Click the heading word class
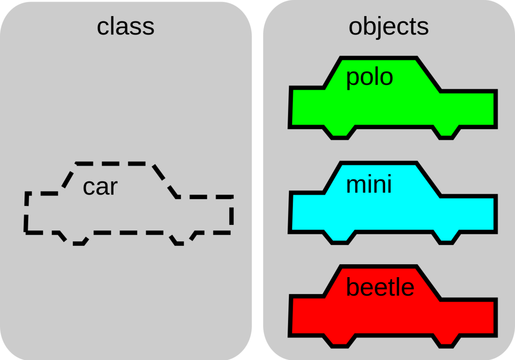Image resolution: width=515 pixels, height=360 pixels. [125, 27]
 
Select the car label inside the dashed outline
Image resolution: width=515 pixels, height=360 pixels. [100, 187]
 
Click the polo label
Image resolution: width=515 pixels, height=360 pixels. [370, 78]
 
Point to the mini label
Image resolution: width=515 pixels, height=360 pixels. [369, 185]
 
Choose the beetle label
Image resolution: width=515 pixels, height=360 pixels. [380, 287]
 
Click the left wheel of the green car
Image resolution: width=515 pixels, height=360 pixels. [339, 133]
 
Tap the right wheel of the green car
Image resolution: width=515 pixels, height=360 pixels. [446, 133]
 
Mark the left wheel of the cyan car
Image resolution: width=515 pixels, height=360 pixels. [339, 238]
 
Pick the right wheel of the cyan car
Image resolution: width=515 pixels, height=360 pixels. [446, 238]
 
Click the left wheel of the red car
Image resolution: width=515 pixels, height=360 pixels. [339, 341]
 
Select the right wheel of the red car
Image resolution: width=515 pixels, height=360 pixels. [446, 341]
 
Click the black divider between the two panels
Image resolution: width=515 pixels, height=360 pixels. [257, 180]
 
